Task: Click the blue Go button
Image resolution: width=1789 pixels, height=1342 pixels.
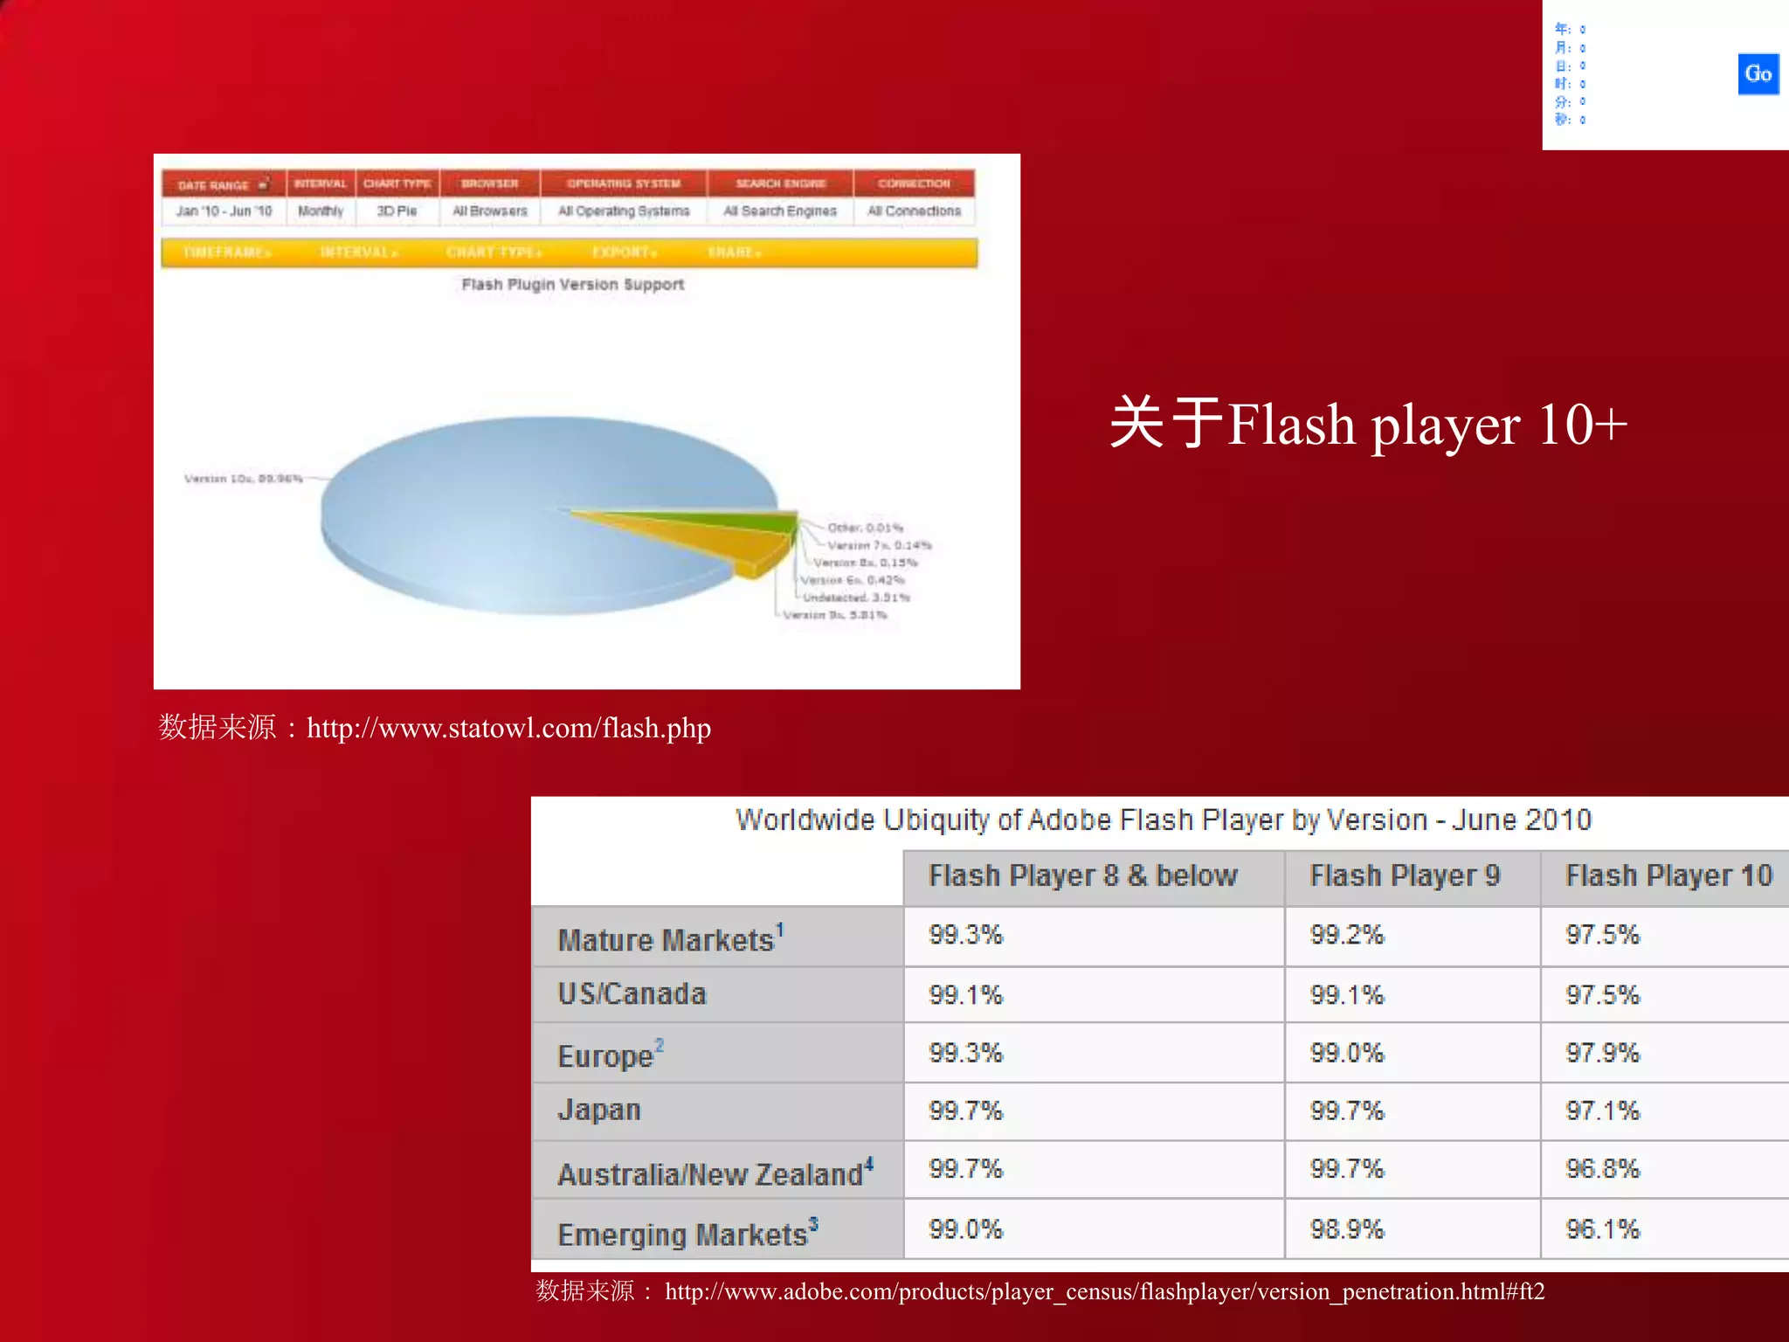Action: (1758, 74)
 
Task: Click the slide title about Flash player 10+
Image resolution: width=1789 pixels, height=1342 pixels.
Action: (1368, 425)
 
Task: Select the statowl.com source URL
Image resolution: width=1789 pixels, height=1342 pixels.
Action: (508, 728)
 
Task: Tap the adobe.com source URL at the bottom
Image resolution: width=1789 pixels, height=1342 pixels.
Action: (1104, 1291)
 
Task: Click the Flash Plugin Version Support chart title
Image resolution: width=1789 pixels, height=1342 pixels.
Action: (572, 285)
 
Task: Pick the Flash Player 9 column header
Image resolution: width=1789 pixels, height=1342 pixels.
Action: (1405, 875)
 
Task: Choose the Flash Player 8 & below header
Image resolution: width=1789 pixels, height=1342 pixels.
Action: (1083, 875)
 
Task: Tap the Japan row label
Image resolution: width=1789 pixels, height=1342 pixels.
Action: (599, 1110)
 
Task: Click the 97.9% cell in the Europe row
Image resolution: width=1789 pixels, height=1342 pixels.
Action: (1602, 1053)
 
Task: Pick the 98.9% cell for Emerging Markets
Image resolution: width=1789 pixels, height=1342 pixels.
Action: (1347, 1229)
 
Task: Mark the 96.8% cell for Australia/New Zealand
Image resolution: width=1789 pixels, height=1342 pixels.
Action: (1602, 1169)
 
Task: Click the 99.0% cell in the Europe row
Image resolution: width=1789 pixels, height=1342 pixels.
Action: (1347, 1053)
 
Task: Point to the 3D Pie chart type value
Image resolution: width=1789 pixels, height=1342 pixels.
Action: (397, 211)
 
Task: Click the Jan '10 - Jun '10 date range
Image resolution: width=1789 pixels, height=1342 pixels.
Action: (224, 211)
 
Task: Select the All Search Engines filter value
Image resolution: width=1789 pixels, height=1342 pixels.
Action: (780, 211)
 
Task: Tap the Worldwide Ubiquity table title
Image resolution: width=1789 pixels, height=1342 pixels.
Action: (1163, 820)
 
